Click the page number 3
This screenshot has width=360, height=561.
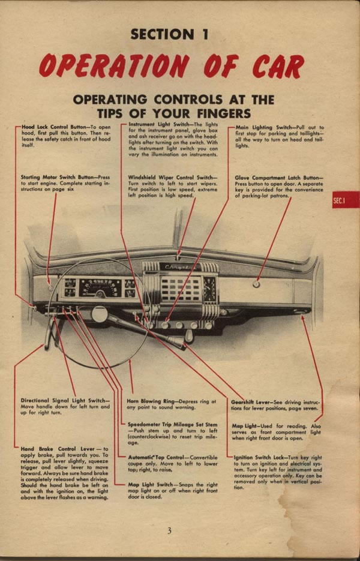tap(170, 530)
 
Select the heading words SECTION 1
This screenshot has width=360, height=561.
tap(170, 34)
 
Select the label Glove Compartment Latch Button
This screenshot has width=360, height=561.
tap(278, 178)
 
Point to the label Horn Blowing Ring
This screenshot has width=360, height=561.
tap(155, 400)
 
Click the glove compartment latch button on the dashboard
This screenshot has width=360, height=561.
tap(256, 284)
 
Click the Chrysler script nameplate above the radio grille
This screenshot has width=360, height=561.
tap(177, 268)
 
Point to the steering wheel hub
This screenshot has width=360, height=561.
tap(100, 313)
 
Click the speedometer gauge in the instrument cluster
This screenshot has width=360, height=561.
tap(100, 288)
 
